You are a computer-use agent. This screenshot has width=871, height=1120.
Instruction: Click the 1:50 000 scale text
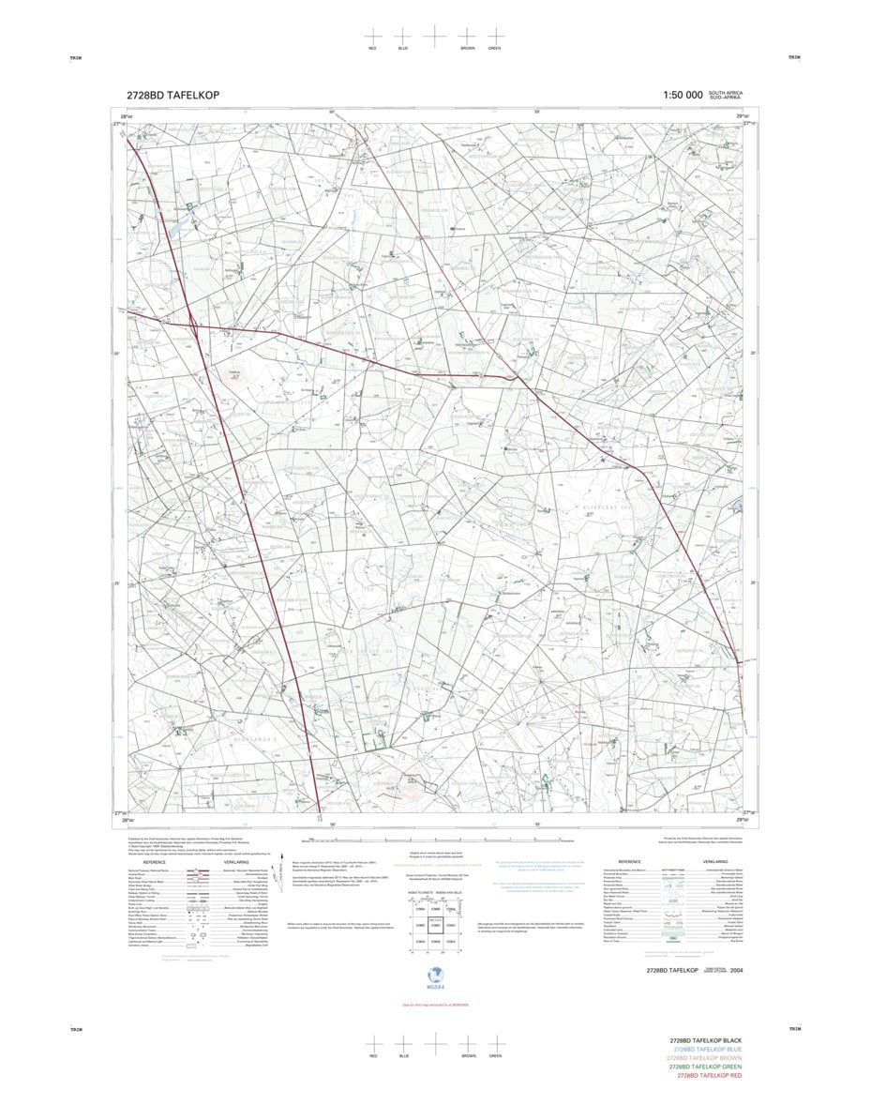coord(683,95)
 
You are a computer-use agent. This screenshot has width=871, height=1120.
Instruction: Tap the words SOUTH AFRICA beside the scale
coord(726,93)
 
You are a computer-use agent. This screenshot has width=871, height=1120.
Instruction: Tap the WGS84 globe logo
coord(434,976)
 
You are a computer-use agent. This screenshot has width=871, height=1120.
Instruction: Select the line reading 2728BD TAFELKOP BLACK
coord(705,1041)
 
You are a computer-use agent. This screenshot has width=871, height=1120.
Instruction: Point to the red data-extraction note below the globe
coord(434,1005)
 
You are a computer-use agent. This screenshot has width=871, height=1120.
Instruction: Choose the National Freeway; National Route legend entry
coord(150,870)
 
